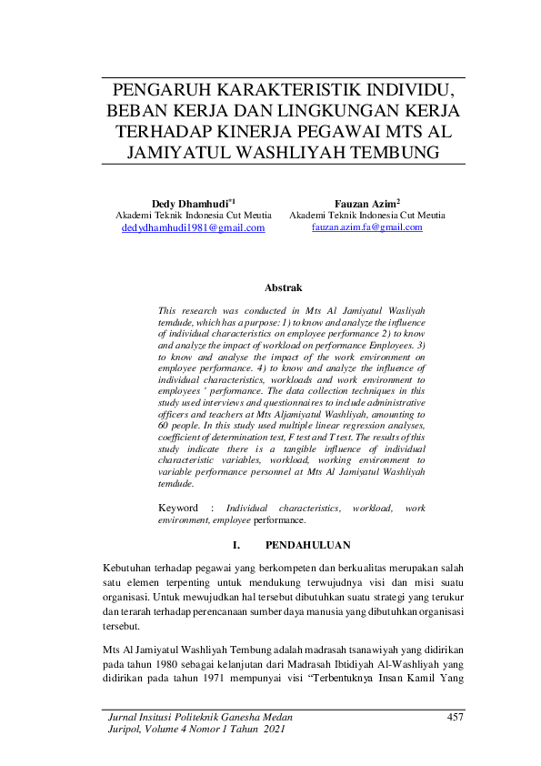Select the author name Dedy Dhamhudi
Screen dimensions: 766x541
[x=191, y=201]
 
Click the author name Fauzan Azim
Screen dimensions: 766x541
[x=365, y=201]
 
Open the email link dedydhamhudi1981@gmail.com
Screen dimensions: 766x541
[x=193, y=227]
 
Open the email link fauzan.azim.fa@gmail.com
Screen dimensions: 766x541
[x=366, y=227]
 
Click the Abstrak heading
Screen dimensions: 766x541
[x=282, y=287]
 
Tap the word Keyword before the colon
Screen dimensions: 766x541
[x=178, y=508]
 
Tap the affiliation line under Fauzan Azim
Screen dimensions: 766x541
[x=366, y=215]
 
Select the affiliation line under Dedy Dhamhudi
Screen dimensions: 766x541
[x=193, y=215]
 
